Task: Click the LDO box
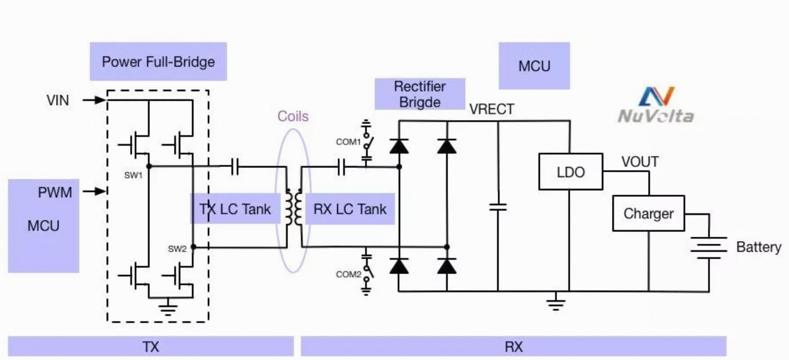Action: click(571, 172)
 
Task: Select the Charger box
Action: click(649, 213)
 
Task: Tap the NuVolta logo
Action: click(656, 105)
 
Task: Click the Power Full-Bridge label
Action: click(158, 62)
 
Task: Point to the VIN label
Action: click(58, 100)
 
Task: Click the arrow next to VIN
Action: click(94, 100)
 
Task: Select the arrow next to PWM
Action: click(94, 191)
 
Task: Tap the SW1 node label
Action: click(133, 175)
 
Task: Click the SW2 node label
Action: click(177, 249)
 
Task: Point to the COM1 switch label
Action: click(348, 142)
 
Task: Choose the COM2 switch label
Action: click(348, 274)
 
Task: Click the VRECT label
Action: click(492, 109)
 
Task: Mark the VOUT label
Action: click(640, 162)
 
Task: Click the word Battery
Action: click(759, 247)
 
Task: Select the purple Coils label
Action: click(293, 116)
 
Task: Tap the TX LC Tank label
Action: click(235, 209)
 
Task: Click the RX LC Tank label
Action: click(350, 209)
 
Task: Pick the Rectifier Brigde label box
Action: click(419, 94)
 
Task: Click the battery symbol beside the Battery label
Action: click(708, 248)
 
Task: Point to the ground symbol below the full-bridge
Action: click(168, 307)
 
